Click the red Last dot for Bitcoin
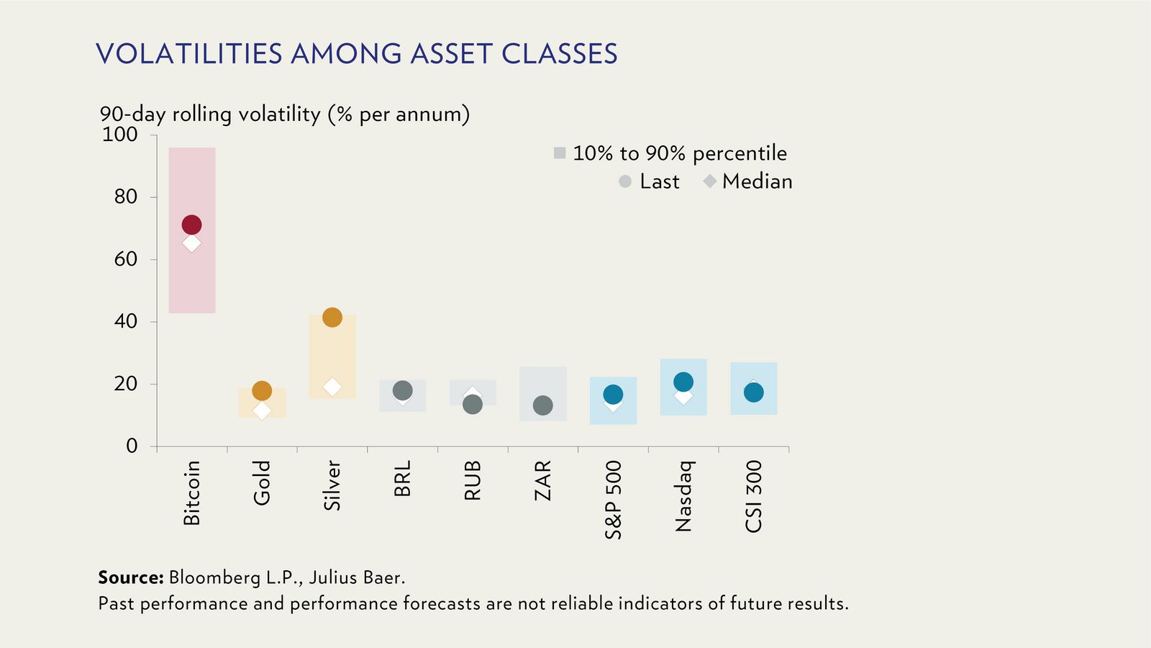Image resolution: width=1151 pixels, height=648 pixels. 191,225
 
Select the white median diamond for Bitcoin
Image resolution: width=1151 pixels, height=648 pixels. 191,243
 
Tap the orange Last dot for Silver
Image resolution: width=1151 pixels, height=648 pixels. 332,317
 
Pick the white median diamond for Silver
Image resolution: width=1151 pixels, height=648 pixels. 332,387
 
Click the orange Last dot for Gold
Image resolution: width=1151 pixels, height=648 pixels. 262,391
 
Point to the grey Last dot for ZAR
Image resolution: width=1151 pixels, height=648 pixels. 542,405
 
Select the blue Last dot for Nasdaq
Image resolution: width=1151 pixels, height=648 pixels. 683,382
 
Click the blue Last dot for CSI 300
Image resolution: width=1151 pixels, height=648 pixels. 753,392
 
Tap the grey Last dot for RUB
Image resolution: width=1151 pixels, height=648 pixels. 472,405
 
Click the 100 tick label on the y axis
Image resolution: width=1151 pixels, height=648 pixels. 119,135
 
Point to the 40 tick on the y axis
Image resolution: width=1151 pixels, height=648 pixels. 125,321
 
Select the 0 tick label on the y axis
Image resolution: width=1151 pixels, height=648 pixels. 132,446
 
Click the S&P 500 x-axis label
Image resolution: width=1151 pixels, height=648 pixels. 613,500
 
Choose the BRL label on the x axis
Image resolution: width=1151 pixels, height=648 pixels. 402,479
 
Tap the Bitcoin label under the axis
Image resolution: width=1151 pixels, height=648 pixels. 191,493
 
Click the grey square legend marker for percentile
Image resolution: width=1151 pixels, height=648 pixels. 560,153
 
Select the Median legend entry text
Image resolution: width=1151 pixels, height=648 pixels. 757,181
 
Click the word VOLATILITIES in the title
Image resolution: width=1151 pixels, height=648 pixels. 188,54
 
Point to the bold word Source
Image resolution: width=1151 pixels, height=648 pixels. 131,577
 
